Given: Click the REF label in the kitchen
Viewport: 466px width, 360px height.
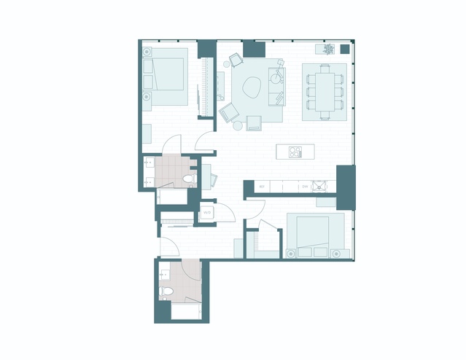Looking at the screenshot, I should [261, 187].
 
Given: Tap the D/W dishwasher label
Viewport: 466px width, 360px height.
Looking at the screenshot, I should [305, 187].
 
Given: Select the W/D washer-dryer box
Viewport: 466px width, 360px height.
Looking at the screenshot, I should [207, 213].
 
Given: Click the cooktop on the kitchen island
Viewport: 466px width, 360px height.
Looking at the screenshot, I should [295, 152].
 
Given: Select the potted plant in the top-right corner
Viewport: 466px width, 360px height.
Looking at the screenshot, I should [327, 50].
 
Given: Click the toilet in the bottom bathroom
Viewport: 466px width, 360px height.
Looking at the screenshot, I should [167, 292].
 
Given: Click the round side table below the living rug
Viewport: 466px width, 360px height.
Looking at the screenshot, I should [238, 125].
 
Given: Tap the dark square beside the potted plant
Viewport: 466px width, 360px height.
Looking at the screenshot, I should [344, 50].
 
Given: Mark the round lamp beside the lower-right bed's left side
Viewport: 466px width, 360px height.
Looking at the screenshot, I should [290, 253].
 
